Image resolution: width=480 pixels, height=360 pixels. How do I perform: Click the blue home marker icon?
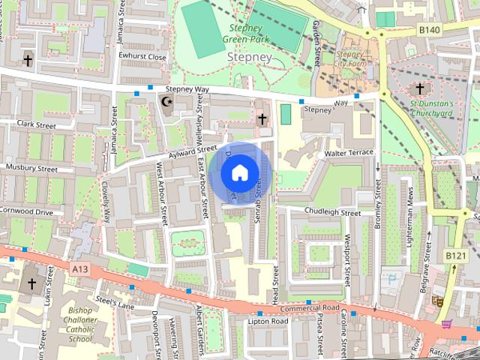coord(238,173)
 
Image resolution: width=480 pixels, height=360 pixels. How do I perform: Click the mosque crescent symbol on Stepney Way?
coord(167,102)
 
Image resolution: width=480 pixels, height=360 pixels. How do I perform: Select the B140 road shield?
coord(430,30)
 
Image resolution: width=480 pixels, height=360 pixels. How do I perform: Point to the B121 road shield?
coord(456,256)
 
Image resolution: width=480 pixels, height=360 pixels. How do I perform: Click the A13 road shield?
coord(82,267)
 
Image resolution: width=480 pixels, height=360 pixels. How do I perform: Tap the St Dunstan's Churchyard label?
coord(432,108)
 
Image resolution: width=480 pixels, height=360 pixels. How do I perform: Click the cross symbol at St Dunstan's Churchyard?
coord(420,90)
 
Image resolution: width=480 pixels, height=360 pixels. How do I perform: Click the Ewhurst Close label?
coord(146,56)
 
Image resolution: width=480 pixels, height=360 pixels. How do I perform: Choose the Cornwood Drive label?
coord(26,212)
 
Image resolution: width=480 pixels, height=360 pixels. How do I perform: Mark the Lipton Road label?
coord(268,321)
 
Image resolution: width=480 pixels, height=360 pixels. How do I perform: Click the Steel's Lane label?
coord(114,304)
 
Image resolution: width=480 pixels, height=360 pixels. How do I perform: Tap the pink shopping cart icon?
coord(448,323)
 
